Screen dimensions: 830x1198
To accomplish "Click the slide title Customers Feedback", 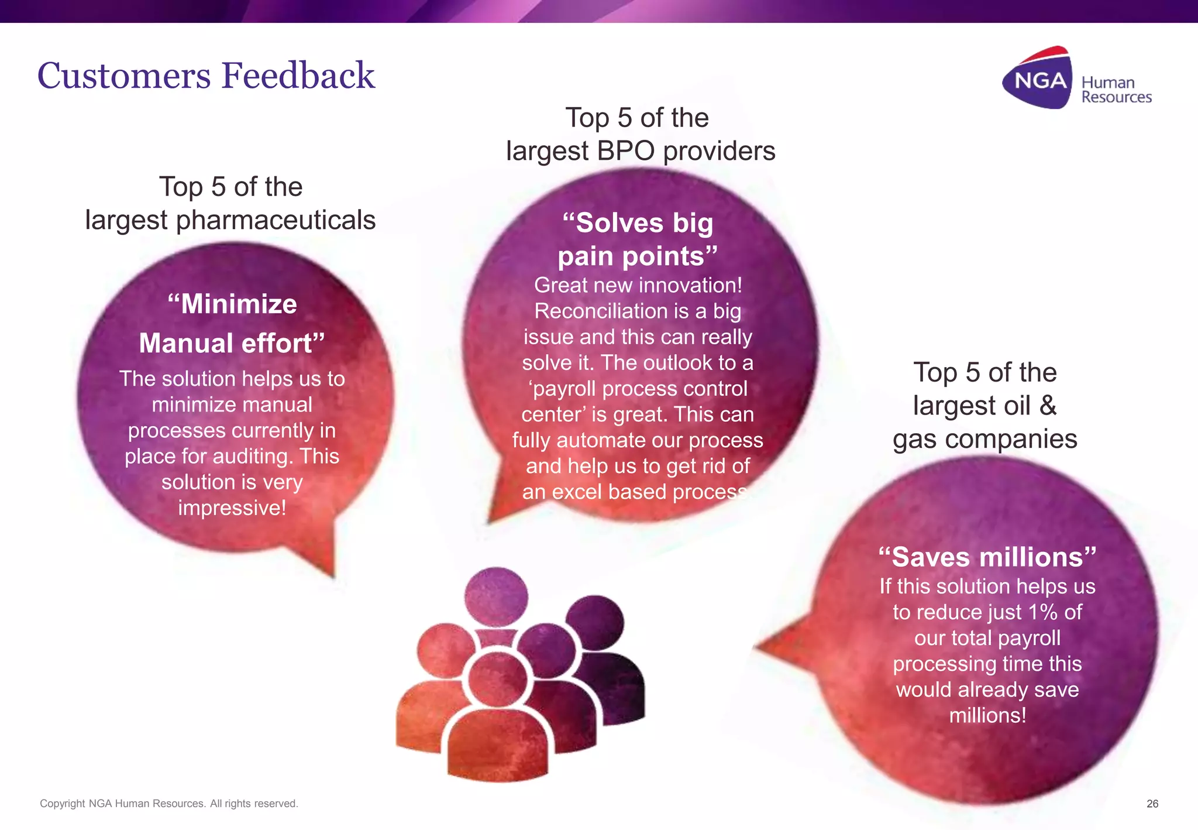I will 206,76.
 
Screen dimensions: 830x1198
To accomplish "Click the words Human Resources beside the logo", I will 1116,90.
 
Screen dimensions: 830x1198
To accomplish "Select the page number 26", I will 1152,804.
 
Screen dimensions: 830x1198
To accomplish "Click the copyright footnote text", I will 168,804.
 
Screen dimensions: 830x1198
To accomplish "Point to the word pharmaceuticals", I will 276,221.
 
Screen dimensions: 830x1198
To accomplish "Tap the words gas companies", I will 984,439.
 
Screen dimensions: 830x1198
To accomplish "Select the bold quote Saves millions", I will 987,557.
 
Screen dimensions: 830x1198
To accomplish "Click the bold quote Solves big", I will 638,223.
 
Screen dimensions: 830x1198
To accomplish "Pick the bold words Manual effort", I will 231,343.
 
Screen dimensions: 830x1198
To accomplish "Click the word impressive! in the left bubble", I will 232,507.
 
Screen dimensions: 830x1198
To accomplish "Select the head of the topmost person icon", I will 496,596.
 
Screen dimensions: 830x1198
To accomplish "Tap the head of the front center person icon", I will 497,679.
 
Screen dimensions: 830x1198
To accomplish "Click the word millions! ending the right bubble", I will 987,715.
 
